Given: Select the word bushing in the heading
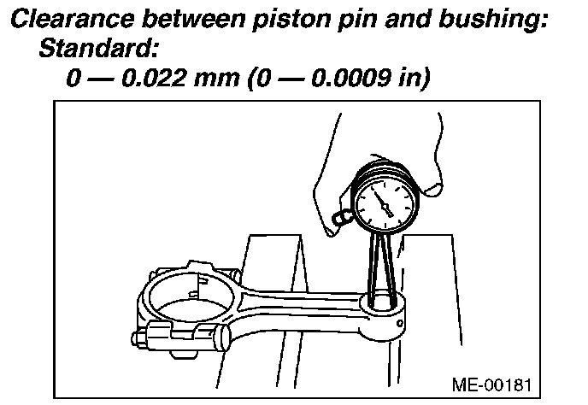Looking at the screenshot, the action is click(491, 20).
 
